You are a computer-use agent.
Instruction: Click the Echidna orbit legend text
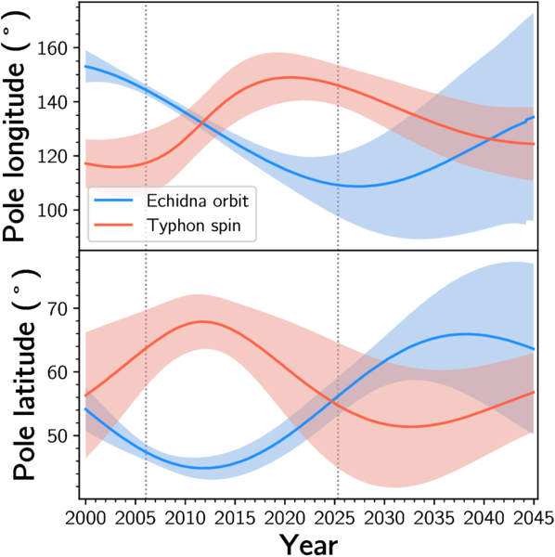coord(198,201)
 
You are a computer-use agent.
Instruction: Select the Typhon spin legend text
coord(194,226)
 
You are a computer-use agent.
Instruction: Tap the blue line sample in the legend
coord(113,201)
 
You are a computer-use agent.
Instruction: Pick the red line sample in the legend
coord(113,225)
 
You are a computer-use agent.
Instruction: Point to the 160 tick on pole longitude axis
coord(52,48)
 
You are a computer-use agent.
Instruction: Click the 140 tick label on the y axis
coord(52,103)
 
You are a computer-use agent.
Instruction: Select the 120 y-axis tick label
coord(52,157)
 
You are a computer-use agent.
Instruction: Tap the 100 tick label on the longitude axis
coord(52,211)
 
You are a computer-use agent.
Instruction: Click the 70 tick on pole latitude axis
coord(58,309)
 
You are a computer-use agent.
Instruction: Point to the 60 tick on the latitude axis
coord(58,372)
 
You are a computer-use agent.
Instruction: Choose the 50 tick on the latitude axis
coord(58,436)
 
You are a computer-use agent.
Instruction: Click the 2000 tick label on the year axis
coord(85,519)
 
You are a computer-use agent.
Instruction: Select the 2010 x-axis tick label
coord(185,519)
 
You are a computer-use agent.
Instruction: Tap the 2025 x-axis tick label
coord(335,519)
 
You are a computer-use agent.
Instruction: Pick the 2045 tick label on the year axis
coord(534,519)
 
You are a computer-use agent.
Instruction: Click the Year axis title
coord(308,544)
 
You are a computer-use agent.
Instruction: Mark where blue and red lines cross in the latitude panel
coord(332,401)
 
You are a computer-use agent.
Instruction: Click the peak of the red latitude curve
coord(202,321)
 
